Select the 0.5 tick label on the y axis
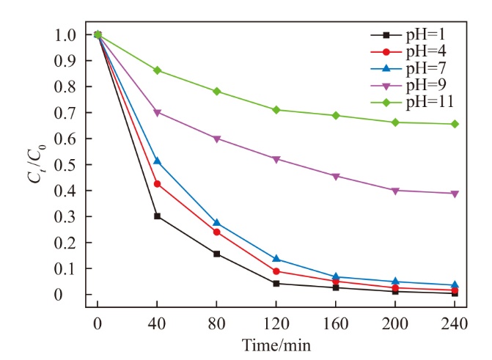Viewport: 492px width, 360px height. coord(64,164)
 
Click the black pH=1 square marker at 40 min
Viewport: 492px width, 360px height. coord(157,216)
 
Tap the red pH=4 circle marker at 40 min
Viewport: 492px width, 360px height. coord(157,183)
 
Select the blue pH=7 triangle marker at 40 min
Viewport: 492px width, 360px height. coord(157,161)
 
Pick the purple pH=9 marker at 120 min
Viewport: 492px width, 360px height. coord(276,159)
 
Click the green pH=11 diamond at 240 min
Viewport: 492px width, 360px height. coord(455,124)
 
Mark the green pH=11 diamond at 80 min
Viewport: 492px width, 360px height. coord(216,91)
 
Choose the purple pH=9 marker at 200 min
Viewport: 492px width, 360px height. coord(395,191)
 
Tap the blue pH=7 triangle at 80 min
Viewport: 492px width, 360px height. coord(216,222)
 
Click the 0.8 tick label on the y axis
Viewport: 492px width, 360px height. coord(64,87)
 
